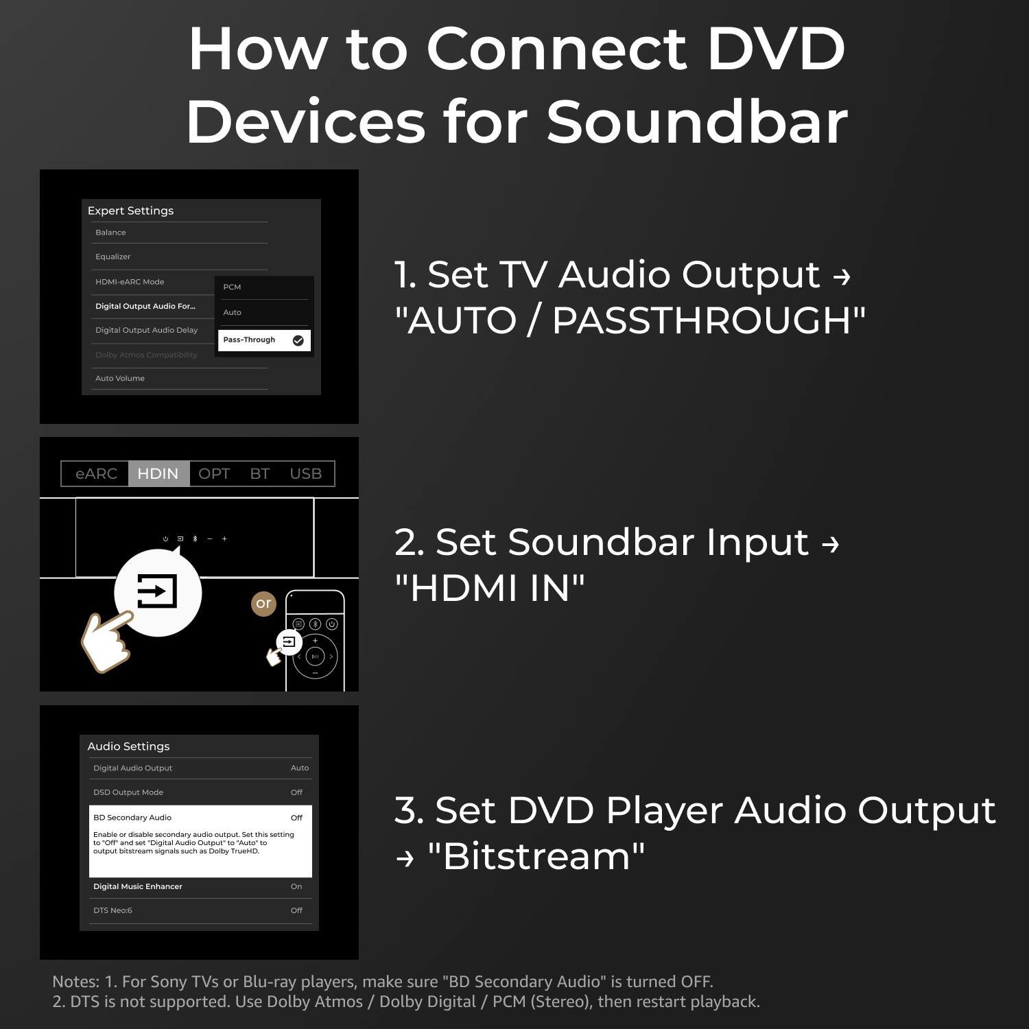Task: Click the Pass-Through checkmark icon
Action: (298, 340)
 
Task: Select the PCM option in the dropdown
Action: (232, 287)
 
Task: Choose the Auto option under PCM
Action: (232, 312)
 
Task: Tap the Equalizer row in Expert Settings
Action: (113, 257)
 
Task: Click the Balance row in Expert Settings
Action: (110, 233)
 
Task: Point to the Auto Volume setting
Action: (120, 378)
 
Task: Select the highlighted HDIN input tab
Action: (158, 473)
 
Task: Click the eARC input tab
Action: (96, 473)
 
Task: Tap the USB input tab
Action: (305, 473)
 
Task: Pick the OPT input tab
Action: (214, 473)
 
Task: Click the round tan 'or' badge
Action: (263, 604)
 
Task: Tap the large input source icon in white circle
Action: (158, 591)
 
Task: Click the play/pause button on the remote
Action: (315, 657)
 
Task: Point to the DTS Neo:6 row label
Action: (113, 910)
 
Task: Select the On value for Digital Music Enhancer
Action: (296, 886)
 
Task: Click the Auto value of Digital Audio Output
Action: (300, 768)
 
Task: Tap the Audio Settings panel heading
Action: (128, 746)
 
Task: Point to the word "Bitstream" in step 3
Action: (536, 856)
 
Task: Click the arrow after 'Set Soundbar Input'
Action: (830, 544)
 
